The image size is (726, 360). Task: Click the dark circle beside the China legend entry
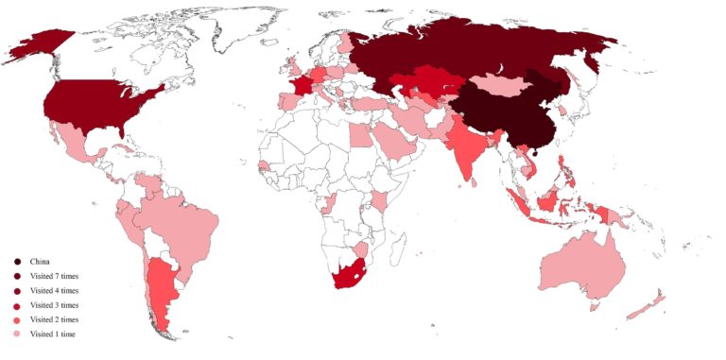pyautogui.click(x=17, y=261)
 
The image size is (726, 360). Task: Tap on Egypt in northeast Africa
pyautogui.click(x=361, y=137)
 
